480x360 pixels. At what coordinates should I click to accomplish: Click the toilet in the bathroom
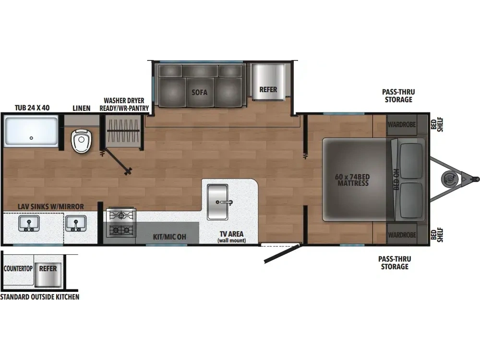81,141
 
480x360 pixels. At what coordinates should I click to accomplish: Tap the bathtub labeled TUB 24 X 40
31,132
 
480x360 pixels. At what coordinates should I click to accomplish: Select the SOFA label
199,92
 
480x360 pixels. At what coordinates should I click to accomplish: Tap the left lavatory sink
29,224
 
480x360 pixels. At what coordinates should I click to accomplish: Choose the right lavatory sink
75,224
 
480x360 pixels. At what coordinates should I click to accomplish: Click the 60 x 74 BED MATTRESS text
352,180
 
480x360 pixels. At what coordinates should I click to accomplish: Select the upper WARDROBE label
401,124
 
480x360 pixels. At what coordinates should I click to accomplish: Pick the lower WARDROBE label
401,235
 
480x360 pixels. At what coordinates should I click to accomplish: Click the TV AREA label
231,235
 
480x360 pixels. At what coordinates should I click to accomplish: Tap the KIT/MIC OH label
169,237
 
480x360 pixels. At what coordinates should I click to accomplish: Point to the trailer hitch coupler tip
476,179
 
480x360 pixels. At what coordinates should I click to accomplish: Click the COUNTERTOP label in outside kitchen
18,268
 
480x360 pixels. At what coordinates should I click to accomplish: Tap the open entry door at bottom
281,254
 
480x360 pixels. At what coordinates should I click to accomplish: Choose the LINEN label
81,108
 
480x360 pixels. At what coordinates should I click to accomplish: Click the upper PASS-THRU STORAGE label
398,96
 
